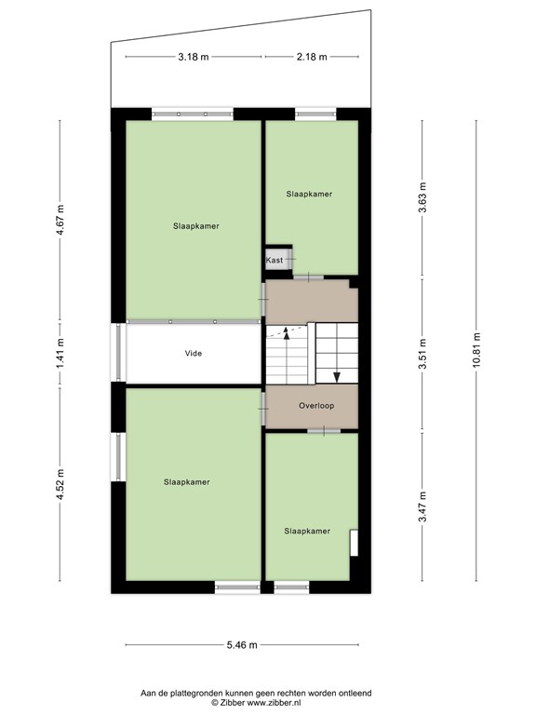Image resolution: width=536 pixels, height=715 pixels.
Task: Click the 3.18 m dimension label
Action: click(x=194, y=57)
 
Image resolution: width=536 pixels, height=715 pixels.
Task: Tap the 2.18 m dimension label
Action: click(x=312, y=57)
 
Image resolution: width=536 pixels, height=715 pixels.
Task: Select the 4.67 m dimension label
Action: click(x=60, y=221)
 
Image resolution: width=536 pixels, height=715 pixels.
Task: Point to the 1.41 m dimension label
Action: click(x=60, y=354)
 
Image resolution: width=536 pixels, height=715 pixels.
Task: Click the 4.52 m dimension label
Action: click(x=60, y=484)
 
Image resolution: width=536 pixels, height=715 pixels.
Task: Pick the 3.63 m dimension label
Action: click(x=423, y=197)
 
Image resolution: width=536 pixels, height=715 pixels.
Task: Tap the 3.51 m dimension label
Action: click(x=423, y=354)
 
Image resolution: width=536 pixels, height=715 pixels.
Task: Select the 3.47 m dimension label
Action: click(x=423, y=506)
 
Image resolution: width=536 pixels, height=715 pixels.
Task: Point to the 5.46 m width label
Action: click(x=242, y=645)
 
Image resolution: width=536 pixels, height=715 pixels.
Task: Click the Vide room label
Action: click(x=194, y=354)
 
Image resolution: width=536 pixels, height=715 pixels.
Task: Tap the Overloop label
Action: click(x=316, y=406)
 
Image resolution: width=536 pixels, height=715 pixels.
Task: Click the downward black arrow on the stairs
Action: click(x=337, y=377)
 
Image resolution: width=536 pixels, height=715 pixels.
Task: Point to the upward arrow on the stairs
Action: click(x=287, y=333)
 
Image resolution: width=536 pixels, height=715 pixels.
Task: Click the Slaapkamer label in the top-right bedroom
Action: click(x=309, y=195)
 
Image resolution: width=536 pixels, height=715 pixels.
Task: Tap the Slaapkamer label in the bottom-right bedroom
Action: click(x=307, y=532)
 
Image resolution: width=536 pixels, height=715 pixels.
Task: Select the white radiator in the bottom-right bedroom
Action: click(x=354, y=543)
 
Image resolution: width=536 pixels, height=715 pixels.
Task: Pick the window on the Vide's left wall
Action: click(x=118, y=353)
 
